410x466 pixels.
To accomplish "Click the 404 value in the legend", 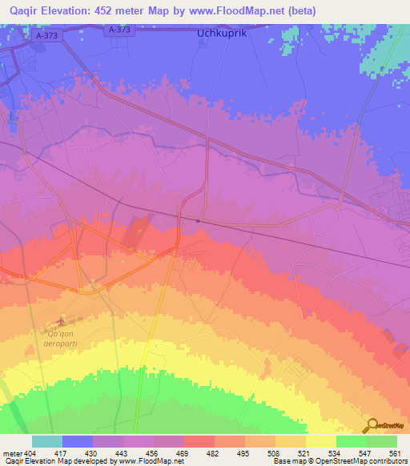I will click(31, 452).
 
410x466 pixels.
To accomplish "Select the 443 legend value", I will click(123, 452).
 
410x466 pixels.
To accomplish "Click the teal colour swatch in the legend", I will click(47, 441).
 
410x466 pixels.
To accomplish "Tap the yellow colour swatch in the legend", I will click(320, 441).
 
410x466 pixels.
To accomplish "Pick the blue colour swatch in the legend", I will click(78, 441).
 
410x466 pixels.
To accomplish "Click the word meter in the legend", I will click(11, 452).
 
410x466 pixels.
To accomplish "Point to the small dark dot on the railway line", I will click(198, 221).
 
